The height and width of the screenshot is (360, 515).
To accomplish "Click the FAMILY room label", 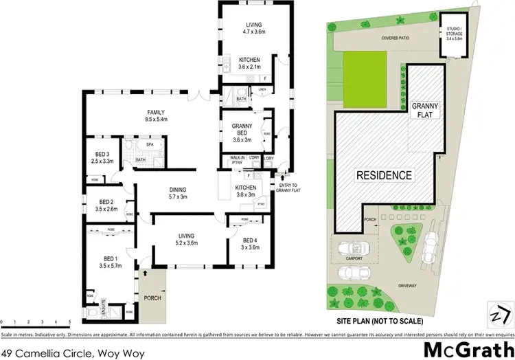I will click(x=157, y=112).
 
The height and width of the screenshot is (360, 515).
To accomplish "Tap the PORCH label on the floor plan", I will click(x=152, y=297).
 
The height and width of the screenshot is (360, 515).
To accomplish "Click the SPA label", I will click(x=150, y=144).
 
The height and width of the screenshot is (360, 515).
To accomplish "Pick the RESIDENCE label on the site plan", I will click(x=384, y=175).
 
